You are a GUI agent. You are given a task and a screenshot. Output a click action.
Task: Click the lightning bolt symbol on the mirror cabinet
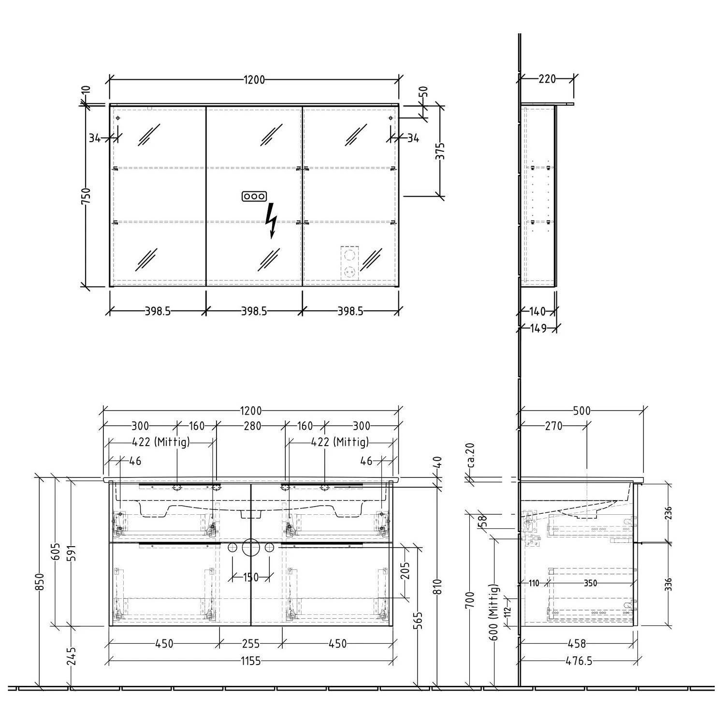point(272,220)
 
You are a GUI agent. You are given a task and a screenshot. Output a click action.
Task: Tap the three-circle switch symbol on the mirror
point(254,196)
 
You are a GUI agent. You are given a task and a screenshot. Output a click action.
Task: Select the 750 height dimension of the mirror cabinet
point(86,197)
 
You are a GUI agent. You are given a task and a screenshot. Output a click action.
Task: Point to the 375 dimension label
point(440,151)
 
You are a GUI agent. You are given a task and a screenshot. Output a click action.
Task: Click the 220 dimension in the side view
point(547,79)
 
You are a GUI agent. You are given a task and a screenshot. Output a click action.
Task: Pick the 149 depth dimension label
point(537,329)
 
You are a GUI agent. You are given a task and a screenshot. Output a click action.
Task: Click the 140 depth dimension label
point(537,311)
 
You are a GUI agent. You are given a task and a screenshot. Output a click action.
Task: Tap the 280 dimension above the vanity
point(252,426)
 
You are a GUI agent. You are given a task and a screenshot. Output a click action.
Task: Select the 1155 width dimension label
point(250,661)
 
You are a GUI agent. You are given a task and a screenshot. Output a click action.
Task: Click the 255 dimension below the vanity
point(250,643)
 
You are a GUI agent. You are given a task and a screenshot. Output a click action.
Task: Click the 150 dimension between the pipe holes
point(250,577)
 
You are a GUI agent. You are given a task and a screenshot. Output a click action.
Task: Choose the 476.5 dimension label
point(579,661)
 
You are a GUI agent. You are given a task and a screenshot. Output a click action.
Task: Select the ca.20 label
point(471,456)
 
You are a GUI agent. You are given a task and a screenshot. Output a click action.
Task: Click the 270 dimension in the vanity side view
point(554,426)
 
